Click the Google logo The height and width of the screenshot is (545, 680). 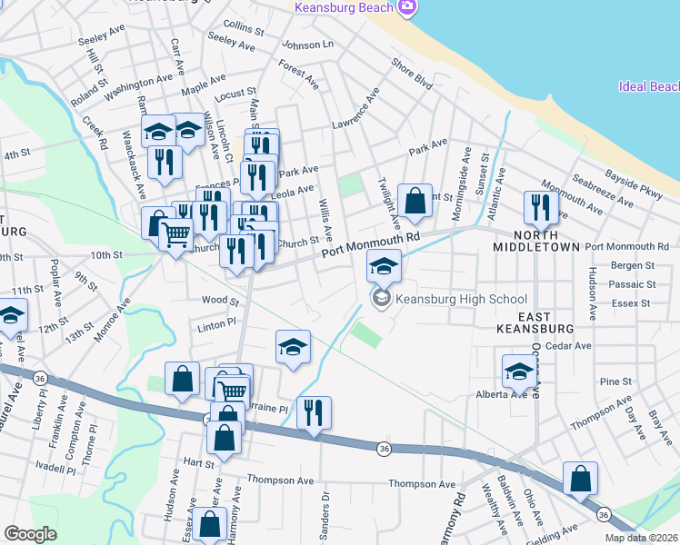(x=30, y=534)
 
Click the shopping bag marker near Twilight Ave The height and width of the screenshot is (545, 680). (x=415, y=203)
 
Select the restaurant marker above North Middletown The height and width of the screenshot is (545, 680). (x=541, y=207)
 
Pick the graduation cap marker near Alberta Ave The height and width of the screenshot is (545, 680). (x=519, y=371)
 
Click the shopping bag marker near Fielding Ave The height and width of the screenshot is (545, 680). (x=580, y=479)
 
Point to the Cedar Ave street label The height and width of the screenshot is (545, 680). (x=571, y=346)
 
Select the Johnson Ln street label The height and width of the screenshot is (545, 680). (x=308, y=45)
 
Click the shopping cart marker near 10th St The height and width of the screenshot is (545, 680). (x=175, y=234)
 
